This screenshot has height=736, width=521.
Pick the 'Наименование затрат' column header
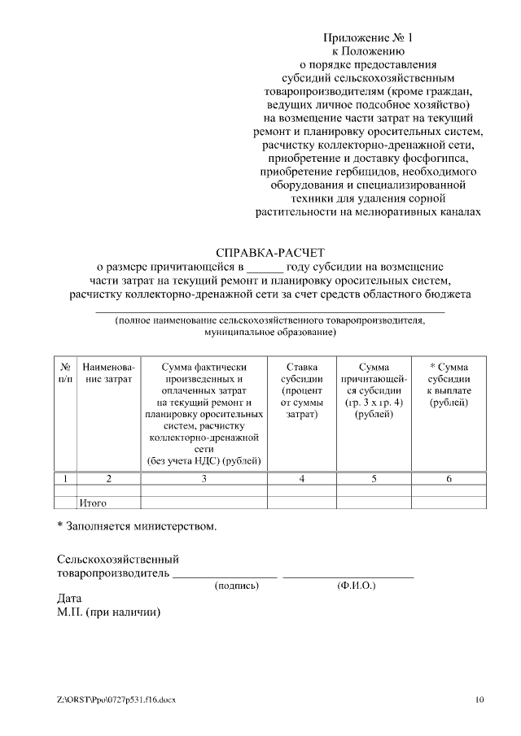(x=108, y=372)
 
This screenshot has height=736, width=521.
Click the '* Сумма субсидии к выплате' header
(x=448, y=385)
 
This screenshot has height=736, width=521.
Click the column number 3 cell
(x=204, y=478)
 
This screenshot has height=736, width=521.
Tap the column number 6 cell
(x=448, y=478)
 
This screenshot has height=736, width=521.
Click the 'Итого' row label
(x=93, y=503)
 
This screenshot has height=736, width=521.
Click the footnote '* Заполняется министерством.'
(x=137, y=526)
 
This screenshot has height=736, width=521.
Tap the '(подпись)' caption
(x=236, y=585)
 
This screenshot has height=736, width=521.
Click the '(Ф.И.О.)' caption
(x=356, y=585)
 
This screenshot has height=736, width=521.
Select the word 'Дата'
(x=69, y=599)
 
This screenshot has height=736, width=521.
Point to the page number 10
(x=479, y=699)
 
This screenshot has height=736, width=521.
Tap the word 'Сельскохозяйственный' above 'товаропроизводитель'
(x=118, y=560)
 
